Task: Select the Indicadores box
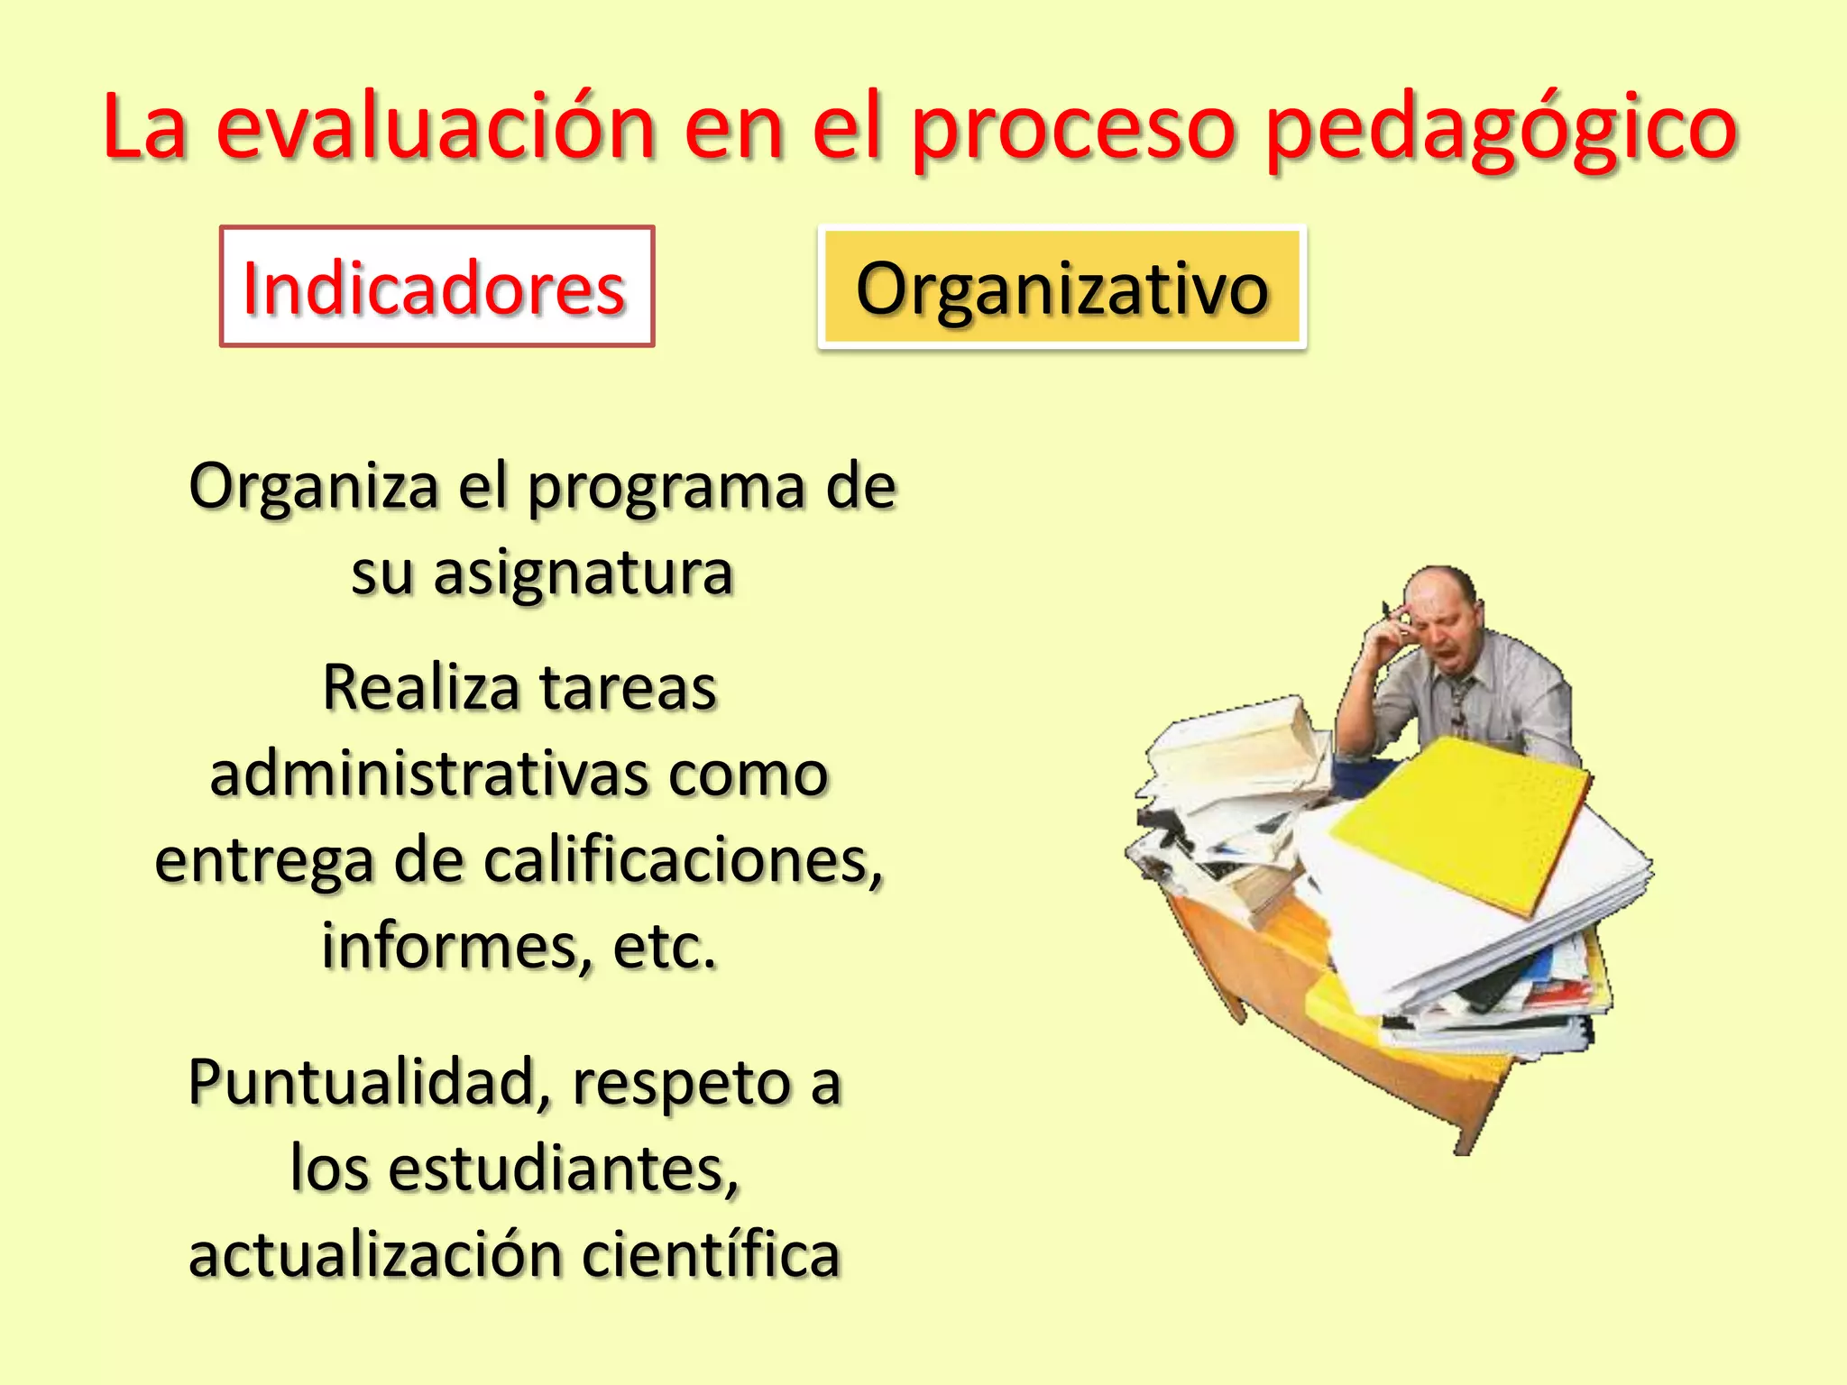tap(436, 287)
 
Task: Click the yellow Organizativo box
tap(1061, 287)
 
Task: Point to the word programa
tap(666, 487)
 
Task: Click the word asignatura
tap(583, 573)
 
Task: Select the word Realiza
tap(419, 688)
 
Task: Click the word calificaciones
tap(683, 859)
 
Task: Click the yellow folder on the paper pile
tap(1461, 821)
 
